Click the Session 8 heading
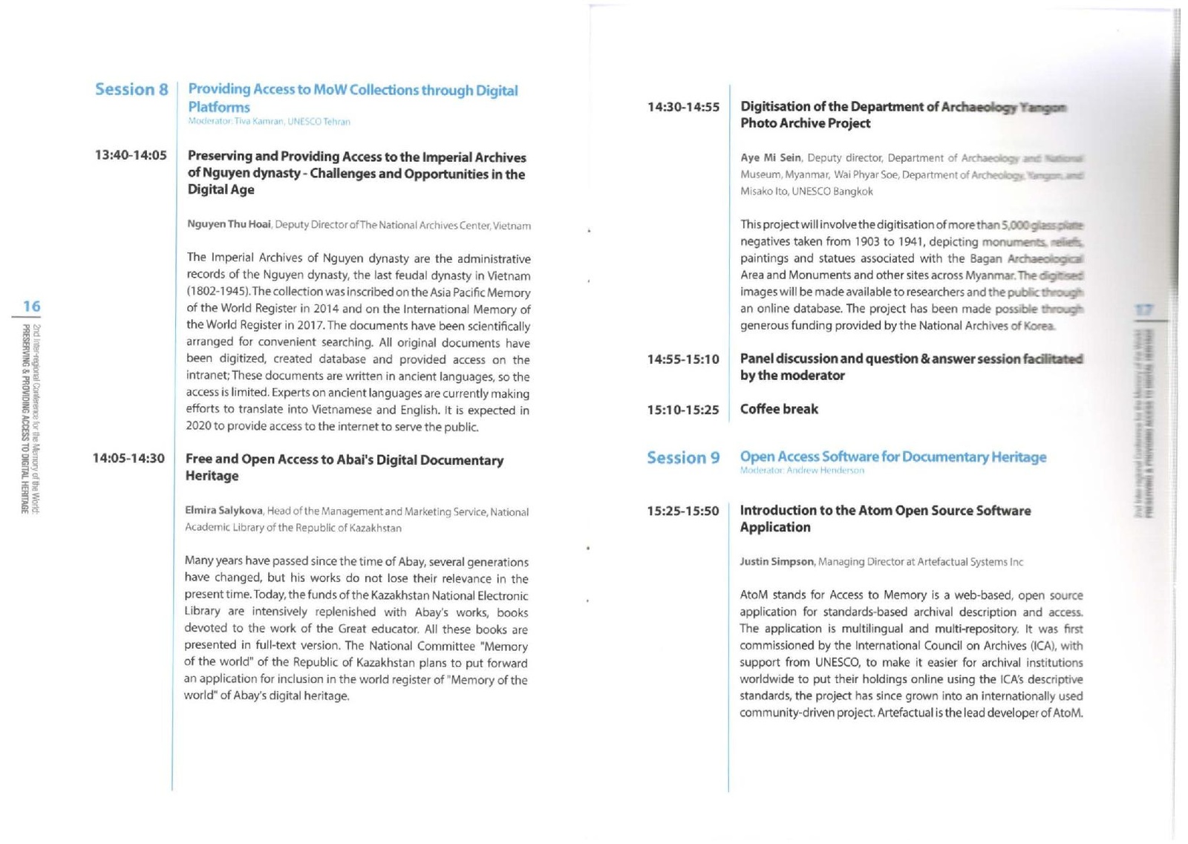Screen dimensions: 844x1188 131,90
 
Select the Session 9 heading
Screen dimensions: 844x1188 683,458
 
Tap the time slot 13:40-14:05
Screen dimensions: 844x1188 131,155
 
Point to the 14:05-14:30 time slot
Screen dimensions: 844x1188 128,459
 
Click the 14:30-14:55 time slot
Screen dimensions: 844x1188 683,107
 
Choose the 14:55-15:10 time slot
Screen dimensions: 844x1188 683,359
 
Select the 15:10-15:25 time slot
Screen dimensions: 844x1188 683,410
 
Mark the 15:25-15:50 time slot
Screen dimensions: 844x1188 683,511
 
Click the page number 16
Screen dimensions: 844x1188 31,306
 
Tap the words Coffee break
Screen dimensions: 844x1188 779,409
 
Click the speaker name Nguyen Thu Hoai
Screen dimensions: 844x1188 229,224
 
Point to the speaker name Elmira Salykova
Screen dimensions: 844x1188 223,511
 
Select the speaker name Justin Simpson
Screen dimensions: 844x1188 777,562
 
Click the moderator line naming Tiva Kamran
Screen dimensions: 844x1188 269,122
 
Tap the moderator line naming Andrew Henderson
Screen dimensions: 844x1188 802,471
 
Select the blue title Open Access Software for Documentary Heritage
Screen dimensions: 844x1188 892,457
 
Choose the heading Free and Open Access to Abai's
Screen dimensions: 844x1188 344,460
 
